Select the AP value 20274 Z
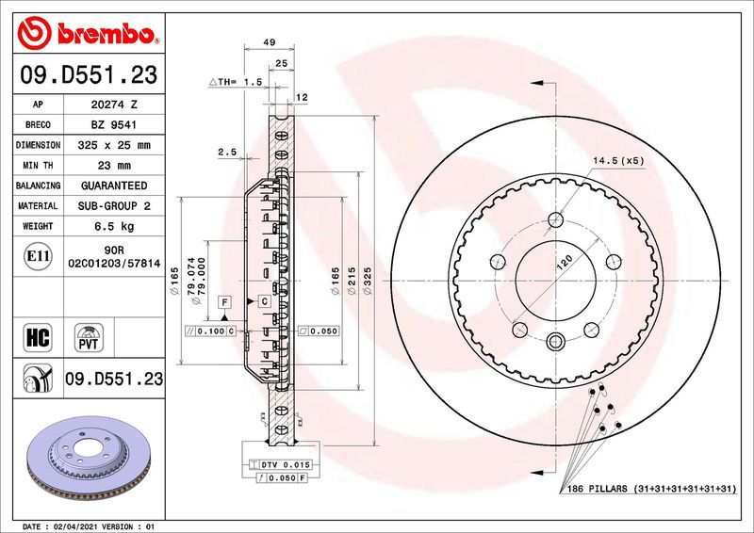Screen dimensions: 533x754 tap(112, 105)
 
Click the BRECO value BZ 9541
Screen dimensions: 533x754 tap(112, 125)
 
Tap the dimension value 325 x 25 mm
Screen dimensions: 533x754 tap(112, 146)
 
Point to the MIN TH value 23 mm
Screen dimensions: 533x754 tap(112, 166)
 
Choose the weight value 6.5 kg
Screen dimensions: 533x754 tap(112, 226)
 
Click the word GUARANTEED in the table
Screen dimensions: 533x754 tap(112, 186)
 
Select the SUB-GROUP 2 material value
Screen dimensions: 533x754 tap(112, 205)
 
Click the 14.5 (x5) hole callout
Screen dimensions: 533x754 tap(618, 161)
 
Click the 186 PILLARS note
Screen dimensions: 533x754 tap(650, 491)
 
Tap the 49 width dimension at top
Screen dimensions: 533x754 tap(269, 43)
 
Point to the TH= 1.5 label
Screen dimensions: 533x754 tap(234, 82)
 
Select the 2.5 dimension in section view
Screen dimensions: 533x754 tap(226, 152)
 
